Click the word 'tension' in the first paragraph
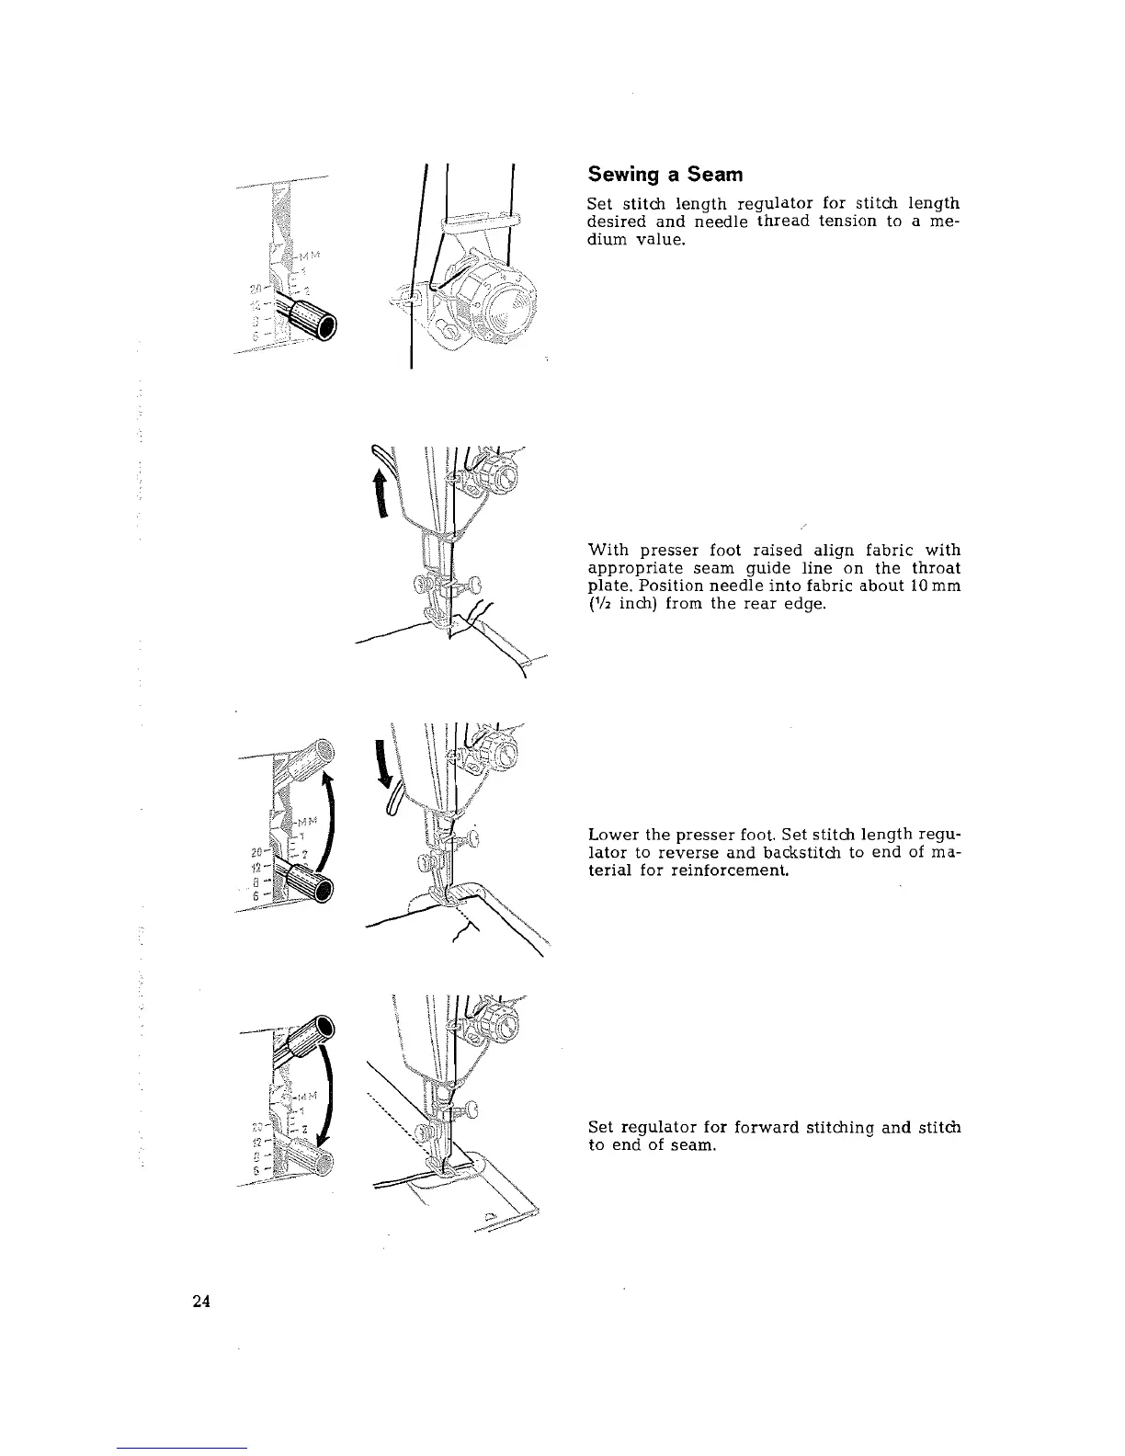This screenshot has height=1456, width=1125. point(838,222)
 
